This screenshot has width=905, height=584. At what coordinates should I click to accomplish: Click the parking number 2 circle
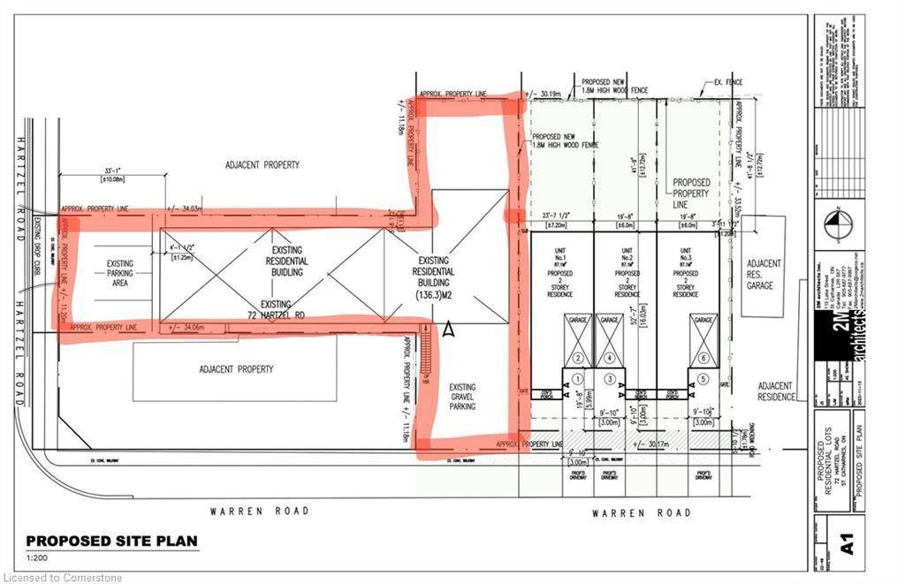(x=577, y=358)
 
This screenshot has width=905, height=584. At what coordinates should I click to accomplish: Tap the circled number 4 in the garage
(x=609, y=358)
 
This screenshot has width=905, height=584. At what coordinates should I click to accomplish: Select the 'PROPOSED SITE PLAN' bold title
(x=111, y=541)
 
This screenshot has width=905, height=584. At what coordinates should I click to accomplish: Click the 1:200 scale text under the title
(x=37, y=558)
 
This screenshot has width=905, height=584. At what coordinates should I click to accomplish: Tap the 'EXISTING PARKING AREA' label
(x=120, y=274)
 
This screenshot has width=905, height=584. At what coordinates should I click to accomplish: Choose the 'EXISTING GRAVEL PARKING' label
(x=462, y=397)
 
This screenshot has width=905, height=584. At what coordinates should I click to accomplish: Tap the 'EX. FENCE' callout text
(x=729, y=82)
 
